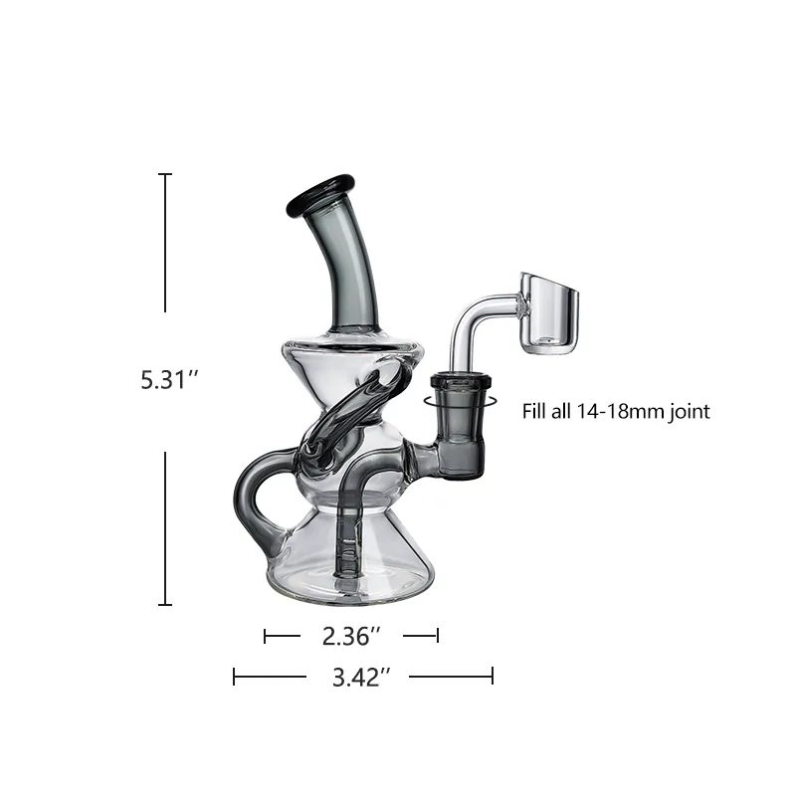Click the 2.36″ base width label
[351, 635]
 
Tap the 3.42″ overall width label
[359, 678]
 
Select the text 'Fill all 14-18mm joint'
[616, 411]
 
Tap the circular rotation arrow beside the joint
[428, 401]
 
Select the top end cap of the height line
[166, 174]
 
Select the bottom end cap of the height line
[166, 604]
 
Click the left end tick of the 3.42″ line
[234, 678]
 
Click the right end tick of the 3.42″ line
[493, 678]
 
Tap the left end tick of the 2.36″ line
[265, 635]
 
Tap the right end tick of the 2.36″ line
[438, 635]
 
